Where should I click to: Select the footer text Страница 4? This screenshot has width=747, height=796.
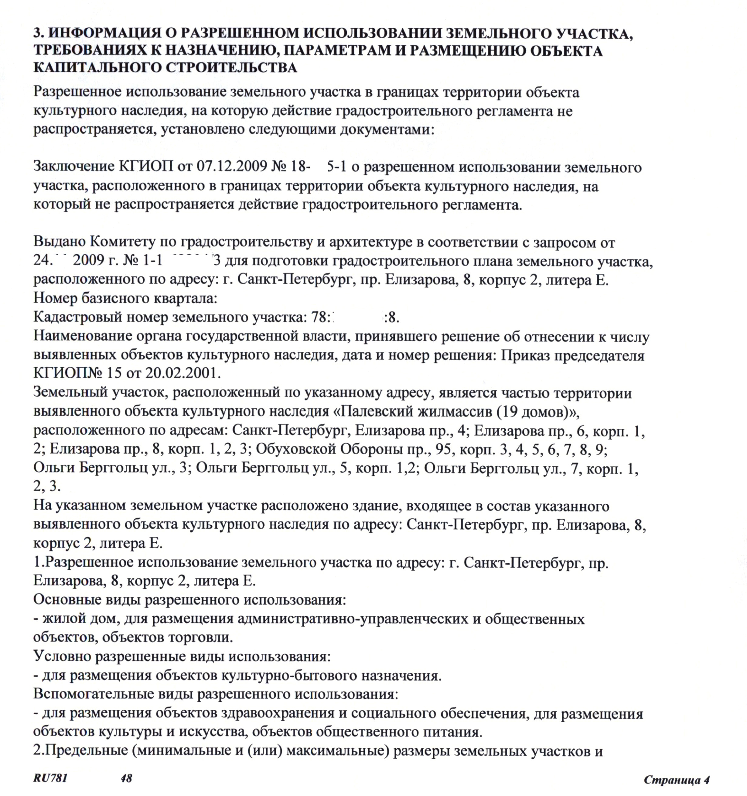(x=677, y=779)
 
